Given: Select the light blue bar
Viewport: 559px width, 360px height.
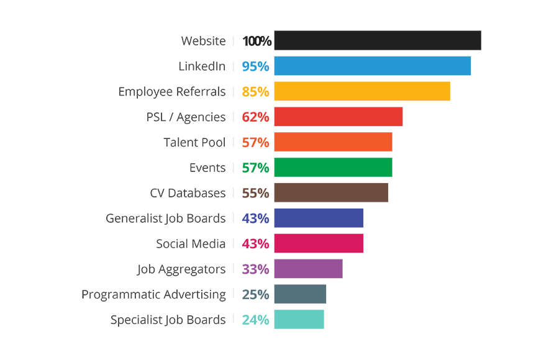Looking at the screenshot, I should coord(354,66).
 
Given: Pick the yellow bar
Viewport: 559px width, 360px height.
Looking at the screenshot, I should coord(348,91).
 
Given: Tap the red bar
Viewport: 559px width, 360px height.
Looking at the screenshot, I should coord(323,116).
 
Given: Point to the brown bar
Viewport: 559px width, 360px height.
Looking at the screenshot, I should coord(329,192).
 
